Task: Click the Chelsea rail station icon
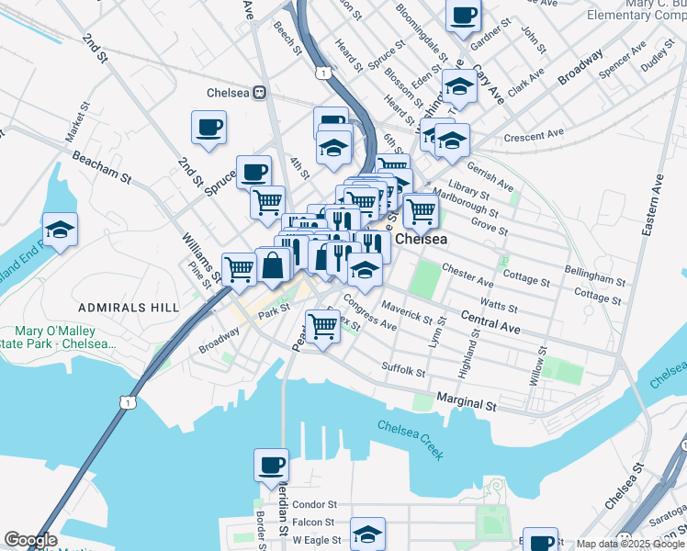[260, 93]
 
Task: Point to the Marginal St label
[466, 402]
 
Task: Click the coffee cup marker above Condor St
[272, 466]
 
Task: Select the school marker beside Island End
[60, 230]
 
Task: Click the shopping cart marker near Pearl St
[322, 325]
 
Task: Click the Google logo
[29, 540]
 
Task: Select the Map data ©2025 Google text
[629, 544]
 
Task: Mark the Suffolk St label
[403, 369]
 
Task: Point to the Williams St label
[199, 258]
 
